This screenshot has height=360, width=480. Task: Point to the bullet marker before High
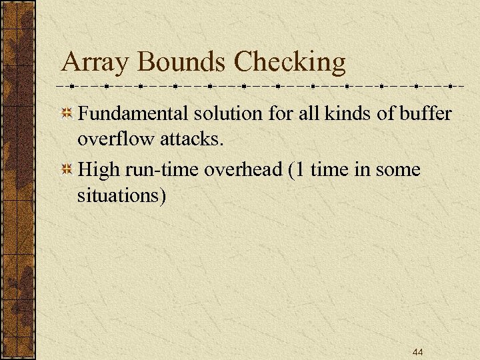[x=67, y=170]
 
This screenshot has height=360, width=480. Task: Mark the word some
[x=398, y=170]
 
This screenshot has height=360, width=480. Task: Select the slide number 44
[x=418, y=352]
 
